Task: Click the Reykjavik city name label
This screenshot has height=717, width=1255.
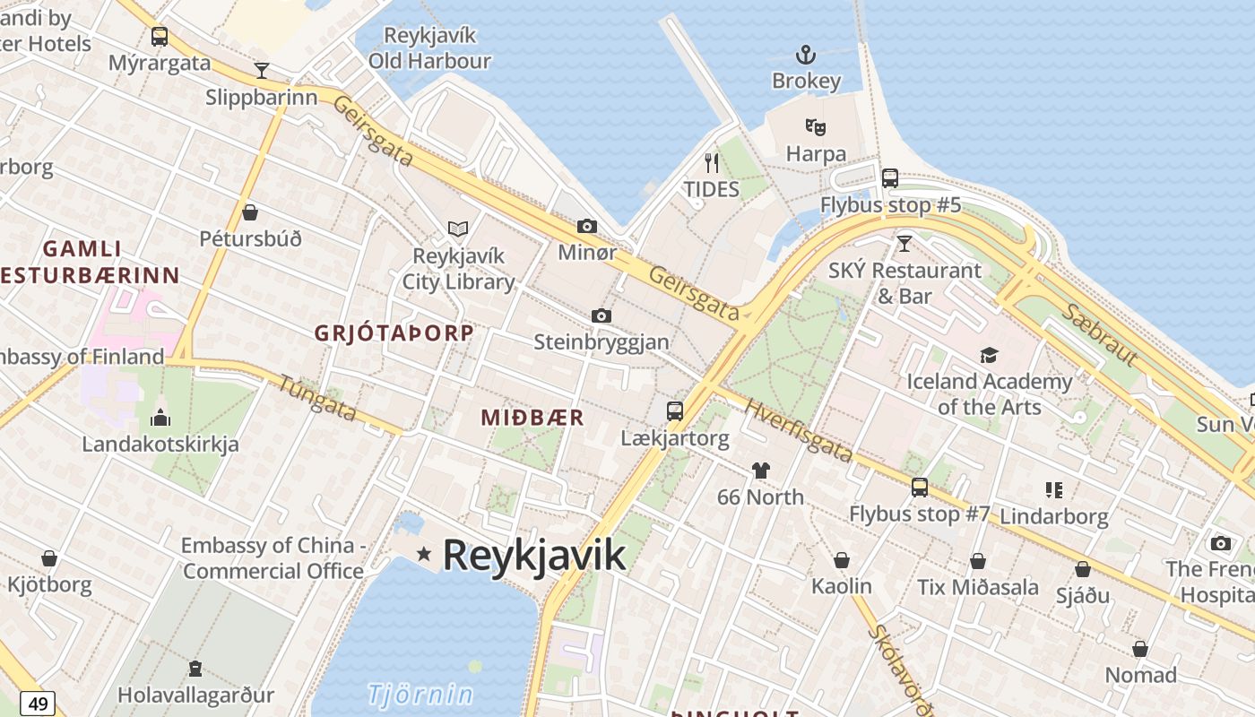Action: coord(534,555)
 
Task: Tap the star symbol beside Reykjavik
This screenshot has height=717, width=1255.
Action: coord(424,555)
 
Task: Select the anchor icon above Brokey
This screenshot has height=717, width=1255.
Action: coord(806,55)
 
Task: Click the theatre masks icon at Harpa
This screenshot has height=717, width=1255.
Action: coord(815,127)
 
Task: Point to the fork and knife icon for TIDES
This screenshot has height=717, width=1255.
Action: coord(712,162)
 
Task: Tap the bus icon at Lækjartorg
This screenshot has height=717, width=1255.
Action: coord(675,411)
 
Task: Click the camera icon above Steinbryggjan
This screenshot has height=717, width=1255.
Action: coord(602,315)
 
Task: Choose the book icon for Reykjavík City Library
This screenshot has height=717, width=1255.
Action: coord(458,229)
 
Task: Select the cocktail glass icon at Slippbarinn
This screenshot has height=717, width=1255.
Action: coord(262,70)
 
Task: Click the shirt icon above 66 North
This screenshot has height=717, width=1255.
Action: coord(761,470)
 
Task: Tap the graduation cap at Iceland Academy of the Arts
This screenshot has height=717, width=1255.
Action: coord(989,355)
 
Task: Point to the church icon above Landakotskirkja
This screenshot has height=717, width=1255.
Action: coord(160,417)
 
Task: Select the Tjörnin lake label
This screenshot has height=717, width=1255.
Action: coord(420,694)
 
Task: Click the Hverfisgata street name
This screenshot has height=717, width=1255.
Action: coord(798,431)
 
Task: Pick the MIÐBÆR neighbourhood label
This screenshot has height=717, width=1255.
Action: coord(532,418)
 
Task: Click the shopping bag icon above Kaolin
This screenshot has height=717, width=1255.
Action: coord(842,560)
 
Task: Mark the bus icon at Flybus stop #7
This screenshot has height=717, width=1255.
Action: coord(920,488)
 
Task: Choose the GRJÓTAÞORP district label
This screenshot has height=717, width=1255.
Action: coord(394,333)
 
